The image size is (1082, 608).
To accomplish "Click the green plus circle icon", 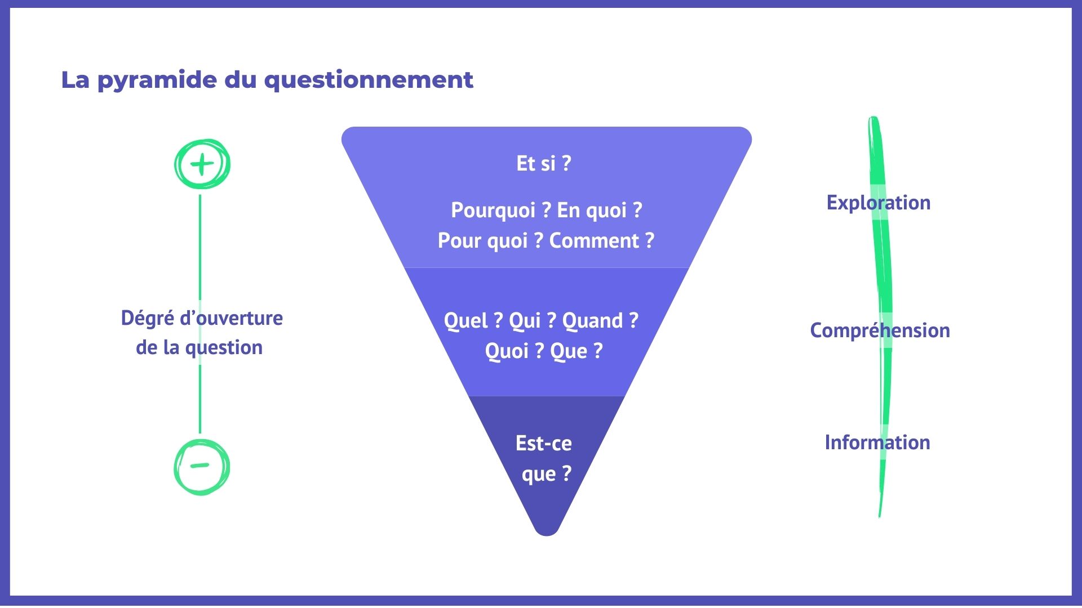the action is click(x=202, y=164).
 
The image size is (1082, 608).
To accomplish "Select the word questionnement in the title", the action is click(x=369, y=81).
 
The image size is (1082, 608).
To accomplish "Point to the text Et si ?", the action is click(x=544, y=163).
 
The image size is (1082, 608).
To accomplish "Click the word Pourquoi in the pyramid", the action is click(x=493, y=211).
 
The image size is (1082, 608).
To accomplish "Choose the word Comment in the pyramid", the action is click(x=594, y=240).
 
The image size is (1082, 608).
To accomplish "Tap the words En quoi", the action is click(x=592, y=211).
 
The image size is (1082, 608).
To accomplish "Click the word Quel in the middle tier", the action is click(x=465, y=320).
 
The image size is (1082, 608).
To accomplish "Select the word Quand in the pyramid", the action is click(x=592, y=320).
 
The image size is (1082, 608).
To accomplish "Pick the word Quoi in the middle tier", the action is click(x=507, y=351).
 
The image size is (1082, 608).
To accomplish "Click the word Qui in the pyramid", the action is click(x=525, y=320).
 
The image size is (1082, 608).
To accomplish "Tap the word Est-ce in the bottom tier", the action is click(x=544, y=443).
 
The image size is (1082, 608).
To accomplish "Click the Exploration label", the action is click(x=878, y=203).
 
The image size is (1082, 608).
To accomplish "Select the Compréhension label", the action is click(x=880, y=330).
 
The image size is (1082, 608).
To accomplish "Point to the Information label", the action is click(x=877, y=442).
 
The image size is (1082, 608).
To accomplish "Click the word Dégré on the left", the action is click(x=147, y=319).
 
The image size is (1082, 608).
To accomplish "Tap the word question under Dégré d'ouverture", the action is click(x=224, y=348).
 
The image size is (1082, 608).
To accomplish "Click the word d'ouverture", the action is click(x=231, y=318).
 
